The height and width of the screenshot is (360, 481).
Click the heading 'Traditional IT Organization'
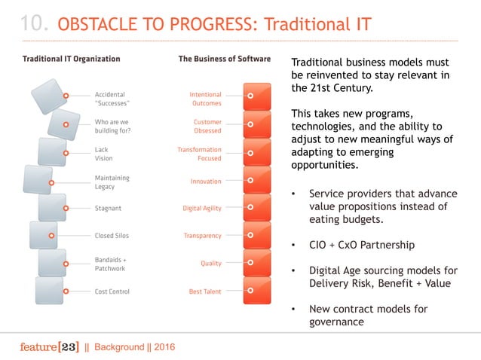[x=71, y=58]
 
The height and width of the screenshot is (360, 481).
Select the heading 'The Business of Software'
[x=224, y=58]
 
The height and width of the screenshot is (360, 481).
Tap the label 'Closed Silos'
[x=112, y=236]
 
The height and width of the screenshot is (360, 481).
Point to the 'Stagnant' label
[x=109, y=208]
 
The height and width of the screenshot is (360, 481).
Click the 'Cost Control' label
[x=112, y=291]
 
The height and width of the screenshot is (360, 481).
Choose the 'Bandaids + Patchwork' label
[x=111, y=264]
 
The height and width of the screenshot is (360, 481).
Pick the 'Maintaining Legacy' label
[x=112, y=182]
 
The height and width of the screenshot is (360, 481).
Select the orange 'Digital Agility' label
[x=202, y=208]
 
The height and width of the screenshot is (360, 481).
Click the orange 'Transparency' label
[x=203, y=236]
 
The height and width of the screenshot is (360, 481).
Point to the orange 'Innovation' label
[x=206, y=181]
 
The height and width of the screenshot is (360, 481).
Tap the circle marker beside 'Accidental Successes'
[x=66, y=96]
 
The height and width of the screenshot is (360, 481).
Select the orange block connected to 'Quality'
[x=257, y=264]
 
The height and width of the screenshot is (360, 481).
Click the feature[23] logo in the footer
[x=47, y=346]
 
